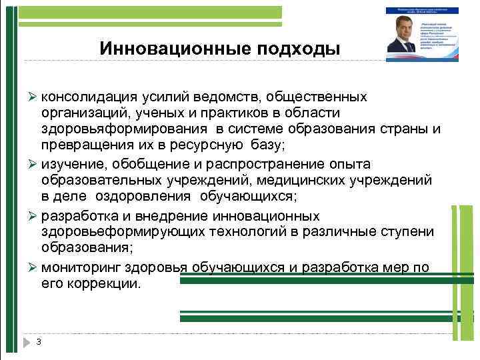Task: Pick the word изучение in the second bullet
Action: point(71,164)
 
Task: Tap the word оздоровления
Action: point(138,196)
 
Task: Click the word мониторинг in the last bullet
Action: point(79,268)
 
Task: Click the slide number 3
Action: point(39,342)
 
